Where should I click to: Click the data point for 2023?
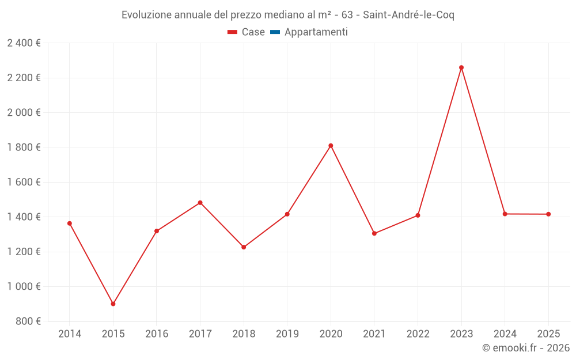[461, 67]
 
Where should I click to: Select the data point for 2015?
[113, 304]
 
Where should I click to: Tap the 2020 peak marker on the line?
[331, 146]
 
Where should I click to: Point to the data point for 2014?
[70, 223]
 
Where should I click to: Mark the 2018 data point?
[244, 247]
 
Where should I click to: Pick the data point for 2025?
[548, 214]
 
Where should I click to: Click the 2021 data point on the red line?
[374, 233]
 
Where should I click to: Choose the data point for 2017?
[200, 203]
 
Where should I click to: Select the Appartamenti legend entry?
[316, 32]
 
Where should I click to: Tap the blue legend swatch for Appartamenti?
[275, 32]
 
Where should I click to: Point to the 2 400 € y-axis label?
[24, 43]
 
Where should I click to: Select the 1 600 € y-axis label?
[24, 182]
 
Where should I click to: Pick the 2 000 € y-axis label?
[24, 112]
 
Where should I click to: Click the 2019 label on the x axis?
[287, 334]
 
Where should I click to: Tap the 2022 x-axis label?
[418, 334]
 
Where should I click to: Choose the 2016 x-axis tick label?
[157, 334]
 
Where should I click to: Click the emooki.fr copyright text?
[525, 348]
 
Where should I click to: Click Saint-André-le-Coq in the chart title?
[408, 15]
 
